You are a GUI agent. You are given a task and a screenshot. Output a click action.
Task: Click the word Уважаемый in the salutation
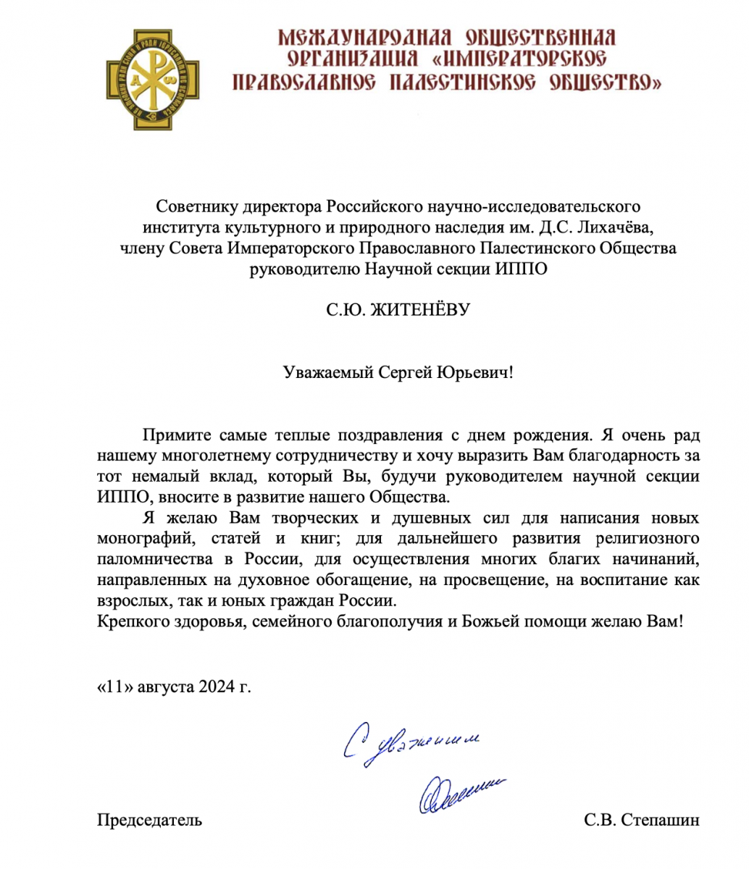click(327, 373)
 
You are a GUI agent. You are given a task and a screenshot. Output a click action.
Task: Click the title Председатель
click(149, 820)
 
